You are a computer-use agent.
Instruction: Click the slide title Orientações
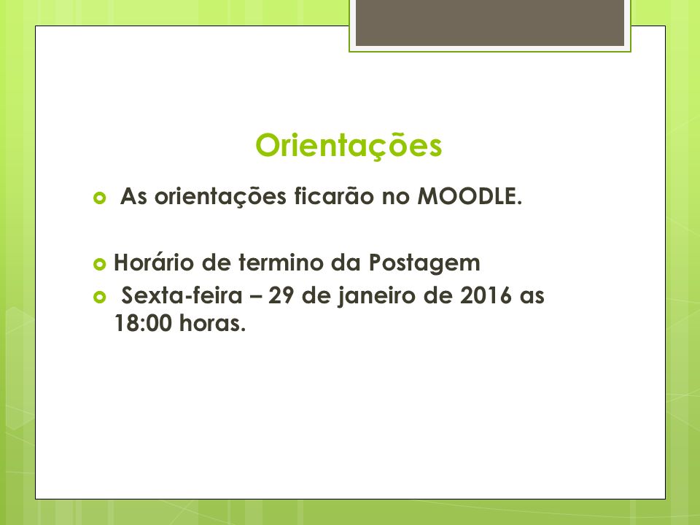[x=349, y=146]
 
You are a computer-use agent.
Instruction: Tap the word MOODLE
[x=470, y=196]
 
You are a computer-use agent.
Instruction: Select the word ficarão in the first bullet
[x=334, y=196]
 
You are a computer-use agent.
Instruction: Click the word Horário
[x=154, y=262]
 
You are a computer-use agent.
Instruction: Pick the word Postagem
[x=424, y=263]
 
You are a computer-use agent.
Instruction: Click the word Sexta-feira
[x=182, y=295]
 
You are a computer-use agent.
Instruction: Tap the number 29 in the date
[x=281, y=295]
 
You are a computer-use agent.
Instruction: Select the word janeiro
[x=376, y=296]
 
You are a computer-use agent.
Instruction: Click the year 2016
[x=486, y=295]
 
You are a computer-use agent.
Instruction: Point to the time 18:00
[x=143, y=323]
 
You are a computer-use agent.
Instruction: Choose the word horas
[x=212, y=323]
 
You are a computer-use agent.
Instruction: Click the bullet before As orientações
[x=100, y=198]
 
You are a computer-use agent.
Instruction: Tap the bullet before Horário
[x=100, y=264]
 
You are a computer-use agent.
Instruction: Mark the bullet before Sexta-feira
[x=100, y=297]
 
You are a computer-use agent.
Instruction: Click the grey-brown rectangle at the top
[x=490, y=23]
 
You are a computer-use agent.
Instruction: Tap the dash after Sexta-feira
[x=255, y=297]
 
